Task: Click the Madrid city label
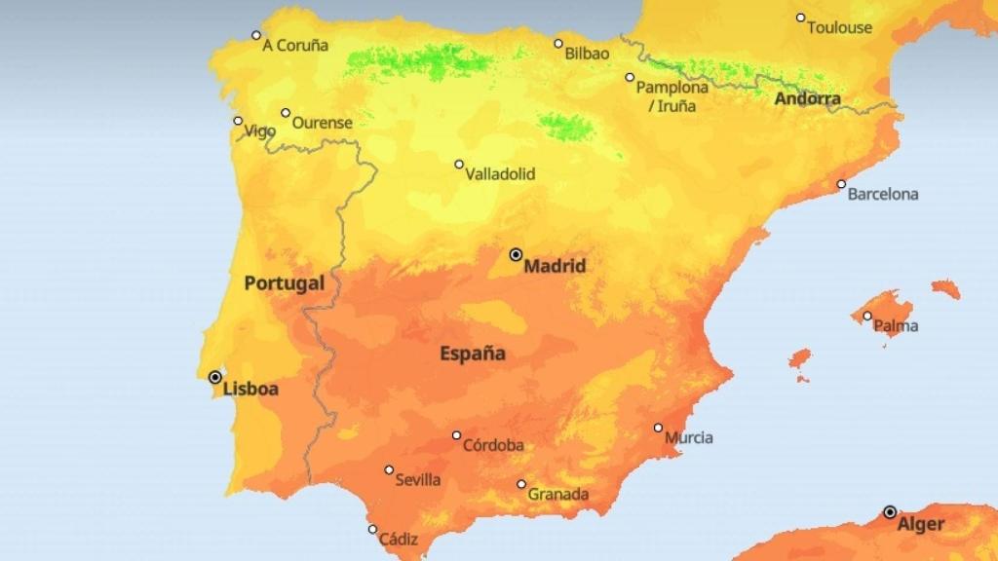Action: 555,265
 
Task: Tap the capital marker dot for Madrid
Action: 517,254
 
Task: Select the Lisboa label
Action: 250,389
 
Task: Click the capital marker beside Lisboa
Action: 215,377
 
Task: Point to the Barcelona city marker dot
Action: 841,184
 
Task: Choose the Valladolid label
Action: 500,174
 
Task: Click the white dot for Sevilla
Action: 389,469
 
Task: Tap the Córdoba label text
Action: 492,445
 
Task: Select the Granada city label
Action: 557,494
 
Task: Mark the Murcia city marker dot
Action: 658,428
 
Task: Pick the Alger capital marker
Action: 890,511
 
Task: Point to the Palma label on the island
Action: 896,326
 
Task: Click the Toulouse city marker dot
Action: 800,18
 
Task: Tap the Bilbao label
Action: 587,54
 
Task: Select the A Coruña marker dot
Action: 256,35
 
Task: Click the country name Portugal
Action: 284,283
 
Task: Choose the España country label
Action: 473,353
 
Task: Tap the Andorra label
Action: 807,98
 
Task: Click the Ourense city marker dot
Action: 286,113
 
